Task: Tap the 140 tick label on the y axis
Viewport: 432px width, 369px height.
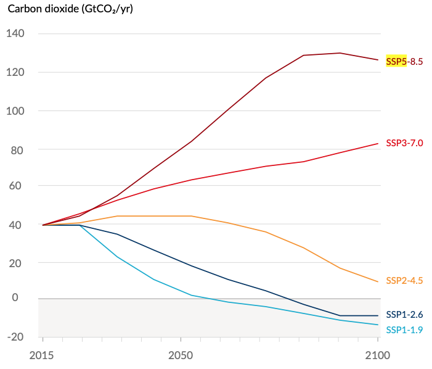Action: pyautogui.click(x=15, y=33)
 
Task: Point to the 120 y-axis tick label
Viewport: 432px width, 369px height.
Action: pyautogui.click(x=15, y=72)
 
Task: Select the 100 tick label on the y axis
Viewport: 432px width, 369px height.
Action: pyautogui.click(x=15, y=111)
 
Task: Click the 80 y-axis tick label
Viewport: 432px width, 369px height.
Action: pyautogui.click(x=17, y=149)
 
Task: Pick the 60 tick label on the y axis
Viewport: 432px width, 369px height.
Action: pyautogui.click(x=17, y=186)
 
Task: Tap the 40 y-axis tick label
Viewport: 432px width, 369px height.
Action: pyautogui.click(x=17, y=225)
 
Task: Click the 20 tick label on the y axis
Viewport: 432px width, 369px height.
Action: pyautogui.click(x=17, y=263)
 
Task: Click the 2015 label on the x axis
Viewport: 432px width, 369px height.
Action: pyautogui.click(x=42, y=355)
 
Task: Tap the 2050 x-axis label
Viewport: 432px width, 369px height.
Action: pyautogui.click(x=181, y=355)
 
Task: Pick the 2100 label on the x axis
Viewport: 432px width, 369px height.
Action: pyautogui.click(x=377, y=355)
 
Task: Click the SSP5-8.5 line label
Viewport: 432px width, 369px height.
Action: pyautogui.click(x=404, y=61)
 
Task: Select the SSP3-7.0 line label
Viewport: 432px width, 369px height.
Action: pyautogui.click(x=404, y=143)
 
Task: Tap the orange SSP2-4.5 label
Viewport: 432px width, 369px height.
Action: pyautogui.click(x=404, y=281)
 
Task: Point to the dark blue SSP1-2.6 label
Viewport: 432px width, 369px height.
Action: pyautogui.click(x=404, y=315)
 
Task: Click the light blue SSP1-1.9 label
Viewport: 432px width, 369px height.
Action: pyautogui.click(x=404, y=330)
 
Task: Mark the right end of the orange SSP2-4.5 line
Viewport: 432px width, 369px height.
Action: pyautogui.click(x=378, y=282)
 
